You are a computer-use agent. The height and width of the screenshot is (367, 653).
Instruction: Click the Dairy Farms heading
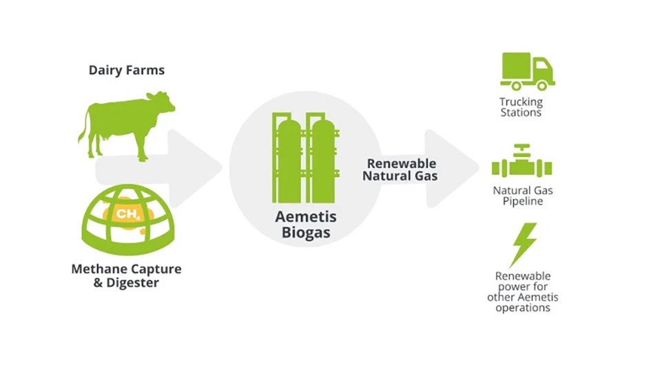tap(127, 70)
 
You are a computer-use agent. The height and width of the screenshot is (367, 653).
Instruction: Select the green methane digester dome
tap(127, 220)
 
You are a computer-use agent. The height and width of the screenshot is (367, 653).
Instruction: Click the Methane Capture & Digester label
tap(126, 275)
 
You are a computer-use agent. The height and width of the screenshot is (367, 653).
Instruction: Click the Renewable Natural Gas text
tap(401, 169)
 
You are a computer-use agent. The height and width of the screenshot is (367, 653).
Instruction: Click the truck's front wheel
tap(542, 85)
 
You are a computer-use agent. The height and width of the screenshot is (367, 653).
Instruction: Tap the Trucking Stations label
tap(521, 107)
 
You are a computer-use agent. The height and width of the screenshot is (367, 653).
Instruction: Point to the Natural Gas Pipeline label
tap(522, 196)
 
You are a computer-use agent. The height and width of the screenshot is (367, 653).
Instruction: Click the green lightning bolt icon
tap(524, 244)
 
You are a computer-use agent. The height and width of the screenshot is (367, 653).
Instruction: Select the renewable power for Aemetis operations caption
tap(523, 292)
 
